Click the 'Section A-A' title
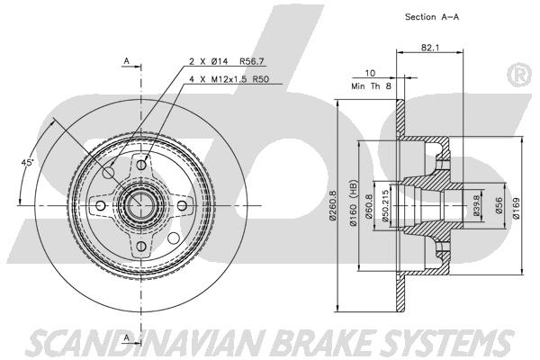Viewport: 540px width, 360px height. tap(432, 16)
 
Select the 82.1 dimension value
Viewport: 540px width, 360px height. tap(430, 48)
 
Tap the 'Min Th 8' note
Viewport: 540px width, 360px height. tap(371, 86)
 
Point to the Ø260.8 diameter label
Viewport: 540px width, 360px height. tap(332, 206)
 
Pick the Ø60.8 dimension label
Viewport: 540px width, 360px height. tap(369, 206)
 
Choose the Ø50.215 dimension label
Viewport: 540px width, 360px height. tap(385, 206)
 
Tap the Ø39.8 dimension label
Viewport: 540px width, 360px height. tap(477, 206)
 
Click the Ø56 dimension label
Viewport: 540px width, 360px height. tap(500, 206)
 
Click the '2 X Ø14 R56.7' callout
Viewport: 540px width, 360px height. tap(226, 61)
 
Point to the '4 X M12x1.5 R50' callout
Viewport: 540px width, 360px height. tap(229, 79)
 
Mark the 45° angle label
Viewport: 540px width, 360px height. tap(28, 162)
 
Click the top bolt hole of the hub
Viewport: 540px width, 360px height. tap(141, 165)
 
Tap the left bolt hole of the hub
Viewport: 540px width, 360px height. tap(100, 206)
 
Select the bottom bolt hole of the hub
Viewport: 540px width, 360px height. tap(141, 246)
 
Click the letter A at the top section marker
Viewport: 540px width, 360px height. tap(126, 61)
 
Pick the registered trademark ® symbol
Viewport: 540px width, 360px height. tap(518, 74)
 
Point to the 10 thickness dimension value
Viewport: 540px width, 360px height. tap(370, 73)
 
